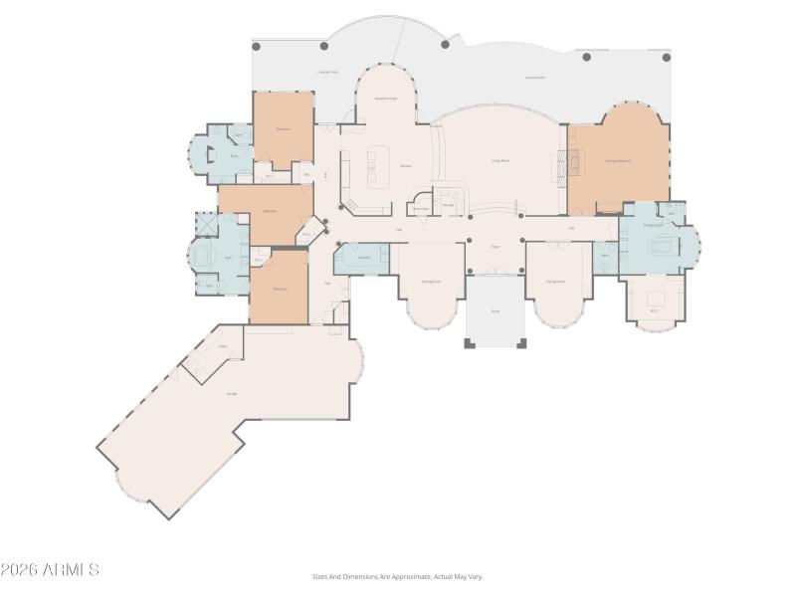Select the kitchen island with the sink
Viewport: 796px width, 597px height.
click(377, 166)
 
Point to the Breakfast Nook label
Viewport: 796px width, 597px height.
click(386, 99)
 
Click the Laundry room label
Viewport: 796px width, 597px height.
click(365, 258)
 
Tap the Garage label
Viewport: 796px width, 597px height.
click(232, 394)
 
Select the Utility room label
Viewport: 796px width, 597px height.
click(223, 347)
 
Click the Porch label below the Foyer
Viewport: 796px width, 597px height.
click(496, 311)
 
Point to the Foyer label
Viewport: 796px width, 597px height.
click(495, 247)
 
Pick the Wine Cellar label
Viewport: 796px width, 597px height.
click(421, 208)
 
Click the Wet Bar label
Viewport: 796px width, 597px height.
click(449, 205)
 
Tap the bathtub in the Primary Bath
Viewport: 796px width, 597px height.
click(660, 247)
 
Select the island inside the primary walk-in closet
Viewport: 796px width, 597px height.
click(655, 297)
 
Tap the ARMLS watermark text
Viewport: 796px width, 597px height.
click(50, 570)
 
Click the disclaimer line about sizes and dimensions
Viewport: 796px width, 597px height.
click(397, 576)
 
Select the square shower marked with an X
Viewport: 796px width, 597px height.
click(206, 223)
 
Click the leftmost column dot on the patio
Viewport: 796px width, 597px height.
click(256, 46)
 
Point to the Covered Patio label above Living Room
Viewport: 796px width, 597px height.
click(534, 78)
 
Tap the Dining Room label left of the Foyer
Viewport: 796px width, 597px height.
click(431, 282)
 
